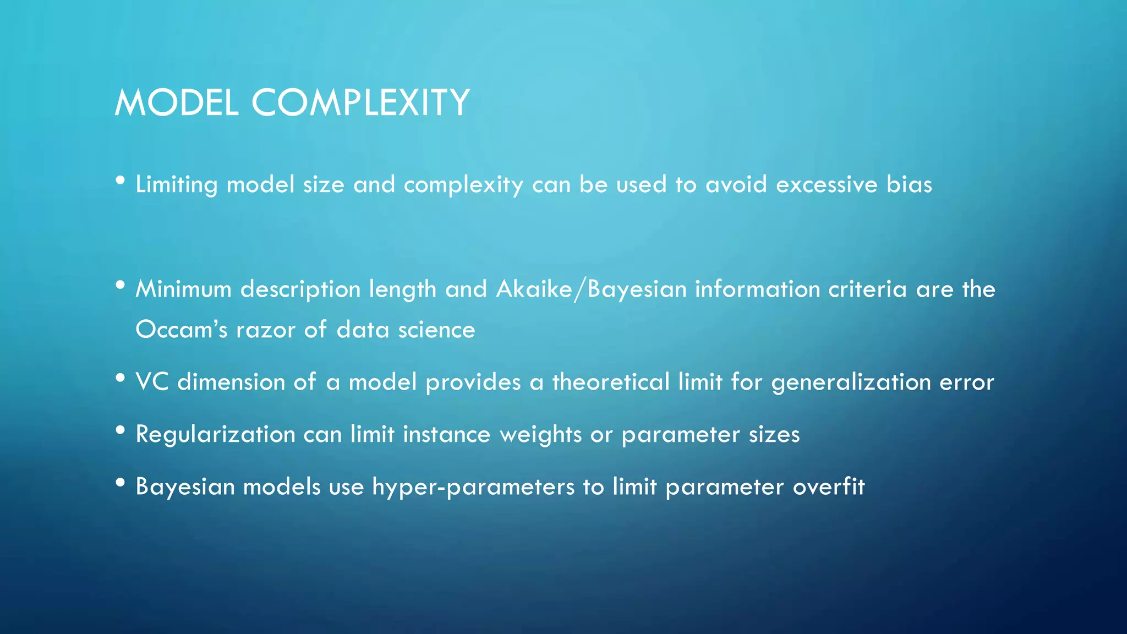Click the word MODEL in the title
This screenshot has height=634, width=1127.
[x=176, y=103]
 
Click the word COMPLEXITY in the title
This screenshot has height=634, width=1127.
[x=360, y=103]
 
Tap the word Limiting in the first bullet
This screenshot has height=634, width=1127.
[x=176, y=185]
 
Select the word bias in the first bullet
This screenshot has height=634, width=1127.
[x=909, y=184]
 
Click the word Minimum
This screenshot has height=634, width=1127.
[x=183, y=289]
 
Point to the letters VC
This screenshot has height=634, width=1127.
[x=152, y=382]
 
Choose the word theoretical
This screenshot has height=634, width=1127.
[x=610, y=382]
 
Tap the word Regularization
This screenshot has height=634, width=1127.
[x=215, y=435]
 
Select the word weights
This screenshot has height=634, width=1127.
[x=540, y=435]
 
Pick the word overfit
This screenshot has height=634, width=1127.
[x=829, y=487]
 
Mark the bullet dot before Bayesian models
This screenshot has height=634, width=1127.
[x=121, y=483]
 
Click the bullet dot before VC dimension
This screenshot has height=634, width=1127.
[x=121, y=378]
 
